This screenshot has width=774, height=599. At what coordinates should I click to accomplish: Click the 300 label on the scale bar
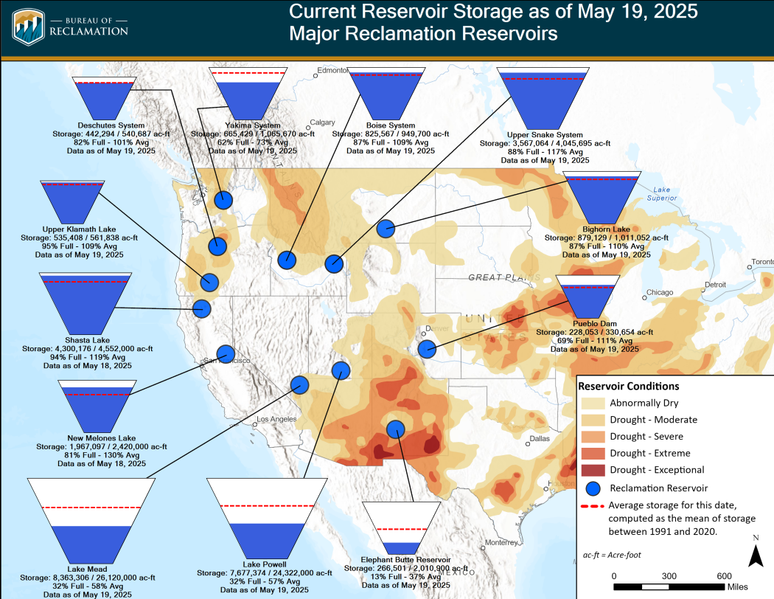click(x=669, y=575)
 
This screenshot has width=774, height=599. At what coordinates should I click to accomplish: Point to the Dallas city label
click(x=538, y=438)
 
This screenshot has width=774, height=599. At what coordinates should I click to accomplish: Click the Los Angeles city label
click(x=274, y=420)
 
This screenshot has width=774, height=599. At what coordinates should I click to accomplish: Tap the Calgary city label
click(x=322, y=123)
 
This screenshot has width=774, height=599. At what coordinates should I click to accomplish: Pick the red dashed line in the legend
click(x=592, y=507)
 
